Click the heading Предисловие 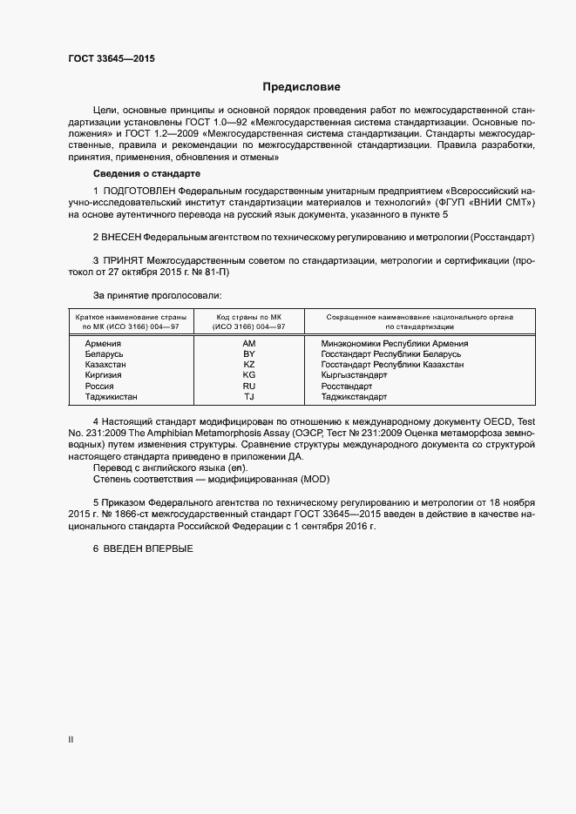tap(302, 87)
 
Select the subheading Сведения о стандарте tap(141, 174)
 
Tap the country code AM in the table tap(248, 344)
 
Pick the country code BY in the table tap(248, 354)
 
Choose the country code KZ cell tap(248, 365)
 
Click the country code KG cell tap(248, 375)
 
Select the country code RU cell tap(248, 386)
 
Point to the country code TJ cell tap(248, 396)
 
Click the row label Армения tap(103, 344)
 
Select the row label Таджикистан tap(111, 396)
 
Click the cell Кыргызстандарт tap(354, 375)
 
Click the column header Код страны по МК tap(248, 316)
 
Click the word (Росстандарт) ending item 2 tap(502, 238)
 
